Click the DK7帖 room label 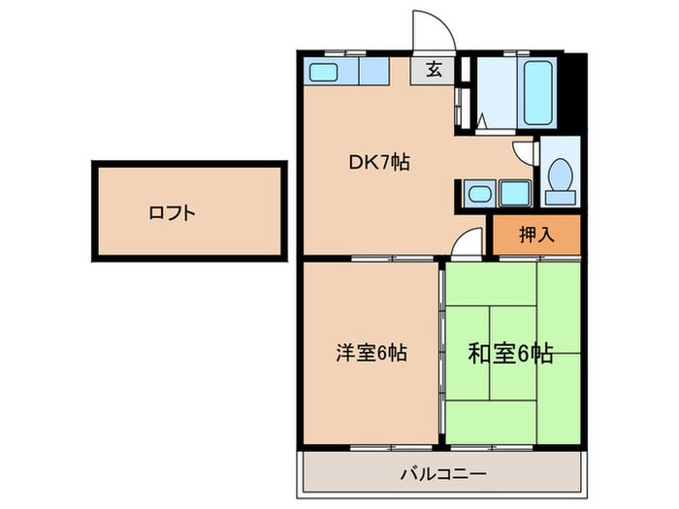tap(379, 163)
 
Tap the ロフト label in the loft tap(173, 212)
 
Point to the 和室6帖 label tap(511, 354)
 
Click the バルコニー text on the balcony tap(442, 475)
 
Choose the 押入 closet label tap(535, 234)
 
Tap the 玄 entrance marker tap(436, 71)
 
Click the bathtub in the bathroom tap(538, 94)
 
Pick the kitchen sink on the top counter tap(323, 73)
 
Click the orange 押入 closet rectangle tap(535, 236)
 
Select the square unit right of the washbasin tap(512, 194)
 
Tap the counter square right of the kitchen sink tap(373, 73)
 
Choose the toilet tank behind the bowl tap(560, 197)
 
